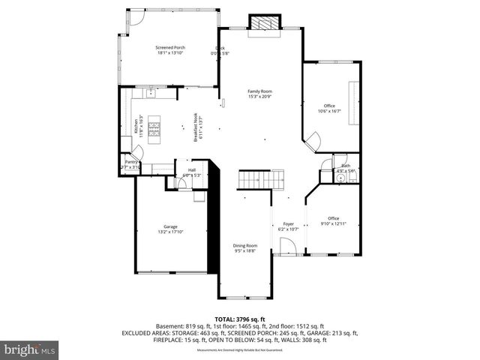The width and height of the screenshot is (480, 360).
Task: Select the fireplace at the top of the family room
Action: pyautogui.click(x=263, y=23)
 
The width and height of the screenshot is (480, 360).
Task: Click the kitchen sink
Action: pyautogui.click(x=151, y=94)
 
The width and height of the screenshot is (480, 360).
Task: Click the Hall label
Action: pyautogui.click(x=192, y=170)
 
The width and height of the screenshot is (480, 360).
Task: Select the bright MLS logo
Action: pyautogui.click(x=29, y=349)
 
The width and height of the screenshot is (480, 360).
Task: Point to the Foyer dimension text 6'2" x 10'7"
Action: pyautogui.click(x=288, y=229)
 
